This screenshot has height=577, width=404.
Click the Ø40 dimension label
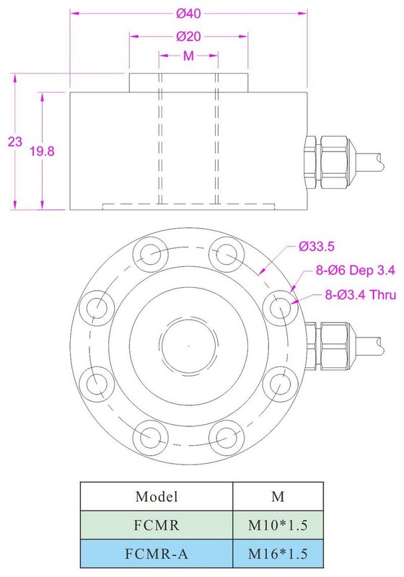click(188, 14)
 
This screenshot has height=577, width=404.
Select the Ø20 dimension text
click(188, 37)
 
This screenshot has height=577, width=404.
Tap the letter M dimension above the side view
click(188, 56)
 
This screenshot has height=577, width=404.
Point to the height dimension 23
click(15, 141)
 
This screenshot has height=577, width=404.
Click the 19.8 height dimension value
click(42, 151)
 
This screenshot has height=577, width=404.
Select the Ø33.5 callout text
click(317, 246)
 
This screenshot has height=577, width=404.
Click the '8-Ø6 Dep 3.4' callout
click(356, 270)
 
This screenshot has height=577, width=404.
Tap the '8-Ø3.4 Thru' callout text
click(361, 295)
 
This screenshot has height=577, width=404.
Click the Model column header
click(157, 496)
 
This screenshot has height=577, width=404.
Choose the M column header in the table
click(278, 496)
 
